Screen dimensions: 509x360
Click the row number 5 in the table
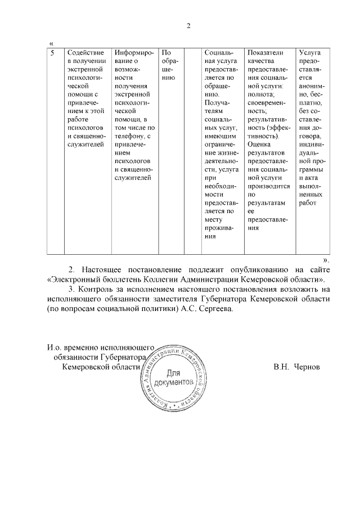(52, 52)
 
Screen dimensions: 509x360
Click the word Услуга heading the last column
(310, 52)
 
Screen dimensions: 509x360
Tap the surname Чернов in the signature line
(305, 366)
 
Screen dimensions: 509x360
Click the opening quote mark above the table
(51, 43)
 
